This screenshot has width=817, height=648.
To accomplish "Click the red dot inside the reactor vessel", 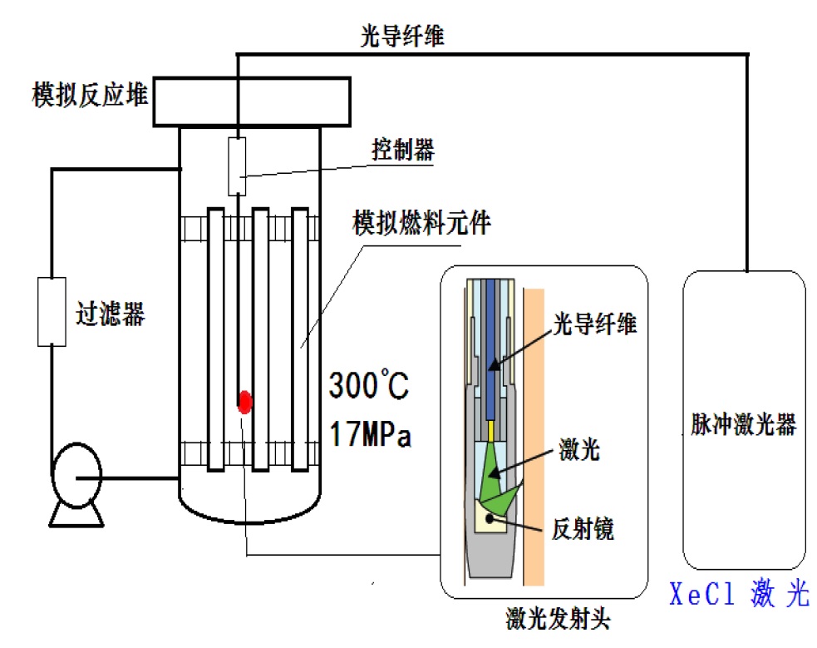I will (244, 402).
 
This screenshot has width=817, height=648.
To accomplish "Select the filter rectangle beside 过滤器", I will (52, 311).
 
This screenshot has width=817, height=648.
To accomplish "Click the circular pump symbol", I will (76, 477).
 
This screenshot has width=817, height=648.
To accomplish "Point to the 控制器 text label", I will (401, 151).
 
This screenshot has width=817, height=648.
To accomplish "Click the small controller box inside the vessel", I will (238, 159).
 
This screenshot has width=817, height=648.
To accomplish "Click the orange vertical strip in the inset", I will (534, 433).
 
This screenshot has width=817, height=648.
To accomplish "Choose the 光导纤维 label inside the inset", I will (594, 324).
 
